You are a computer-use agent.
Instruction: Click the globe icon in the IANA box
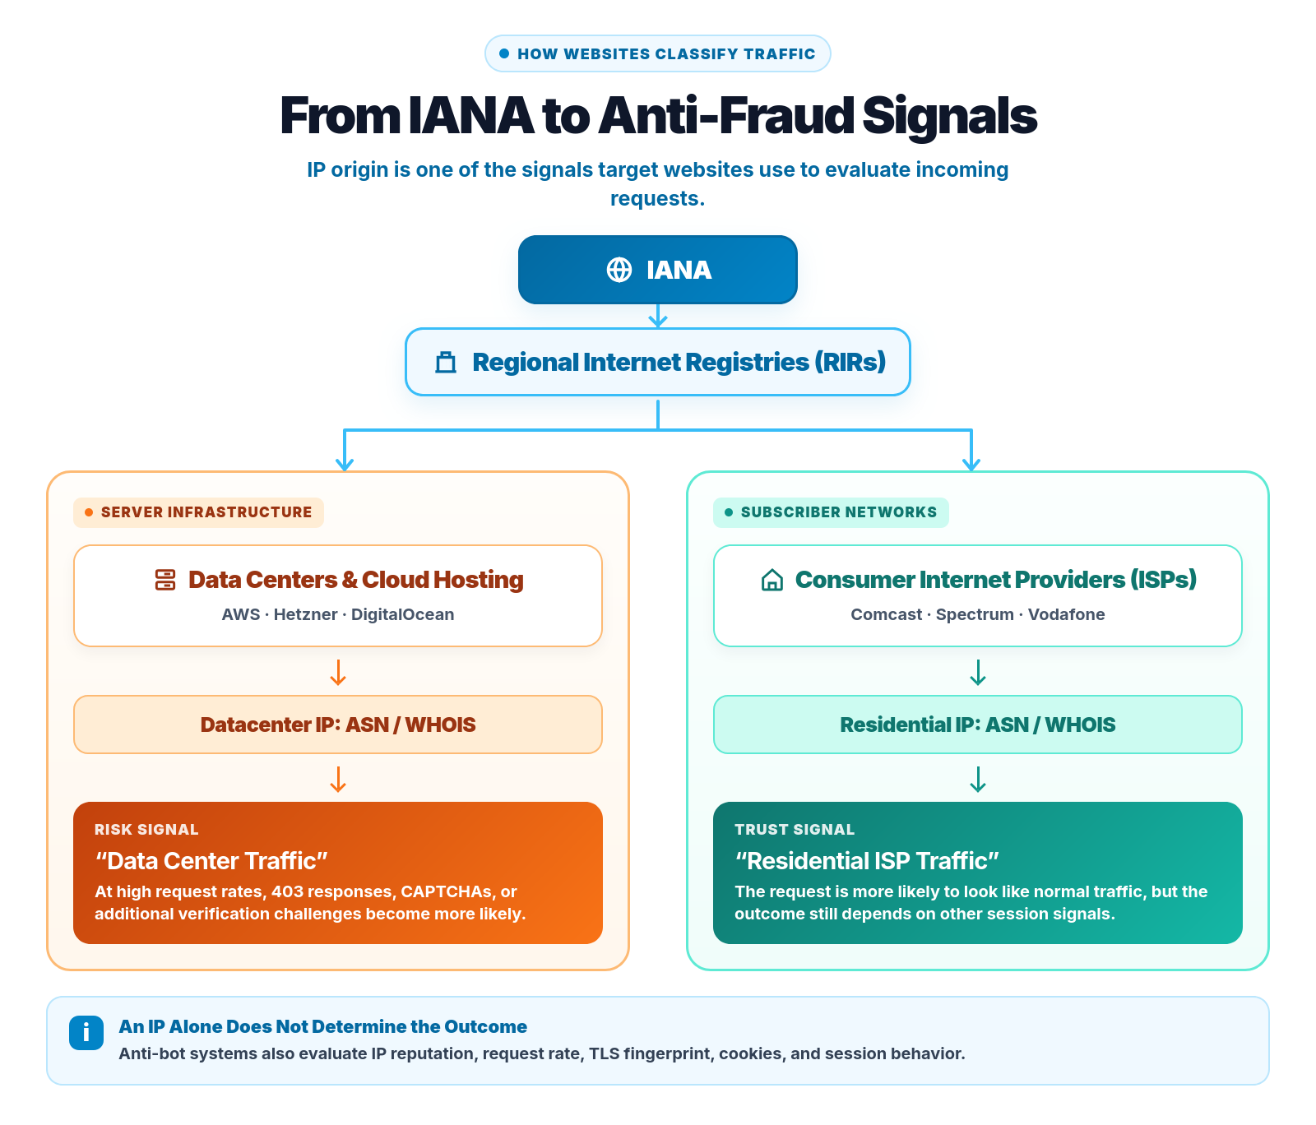tap(619, 270)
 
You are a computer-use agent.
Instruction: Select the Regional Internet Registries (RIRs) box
tap(658, 362)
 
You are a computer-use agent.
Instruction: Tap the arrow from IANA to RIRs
tap(658, 317)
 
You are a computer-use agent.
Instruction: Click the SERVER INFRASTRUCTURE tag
tap(198, 512)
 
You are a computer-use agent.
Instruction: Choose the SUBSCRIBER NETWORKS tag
tap(831, 512)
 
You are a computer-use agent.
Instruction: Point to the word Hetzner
tap(306, 614)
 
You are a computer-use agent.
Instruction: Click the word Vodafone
tap(1067, 614)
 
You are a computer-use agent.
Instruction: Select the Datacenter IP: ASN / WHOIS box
tap(338, 725)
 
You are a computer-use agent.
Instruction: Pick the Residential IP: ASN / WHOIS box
tap(978, 725)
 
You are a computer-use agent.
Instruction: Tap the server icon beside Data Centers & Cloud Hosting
tap(165, 580)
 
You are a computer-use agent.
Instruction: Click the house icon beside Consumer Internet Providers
tap(772, 580)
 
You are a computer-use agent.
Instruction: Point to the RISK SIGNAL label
tap(146, 830)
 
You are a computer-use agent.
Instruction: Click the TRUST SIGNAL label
tap(795, 830)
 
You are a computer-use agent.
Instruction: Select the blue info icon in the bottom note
tap(86, 1033)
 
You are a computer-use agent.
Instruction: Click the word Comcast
tap(887, 614)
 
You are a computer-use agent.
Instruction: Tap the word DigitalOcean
tap(402, 614)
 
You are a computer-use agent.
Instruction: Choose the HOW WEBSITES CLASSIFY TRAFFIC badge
tap(658, 53)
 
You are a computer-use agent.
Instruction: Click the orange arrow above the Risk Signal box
tap(338, 779)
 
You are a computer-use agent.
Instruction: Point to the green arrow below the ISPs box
tap(978, 672)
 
